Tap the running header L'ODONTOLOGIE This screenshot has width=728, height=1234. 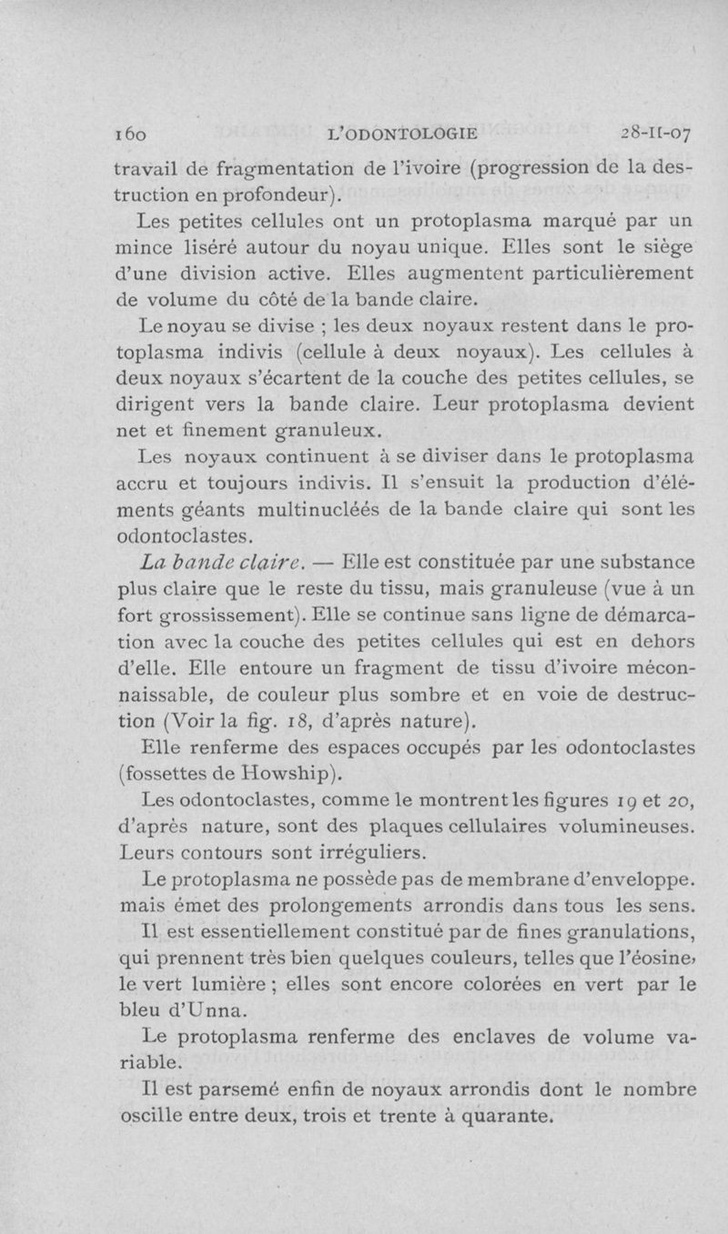coord(401,135)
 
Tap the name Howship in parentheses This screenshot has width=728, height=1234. coord(282,775)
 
